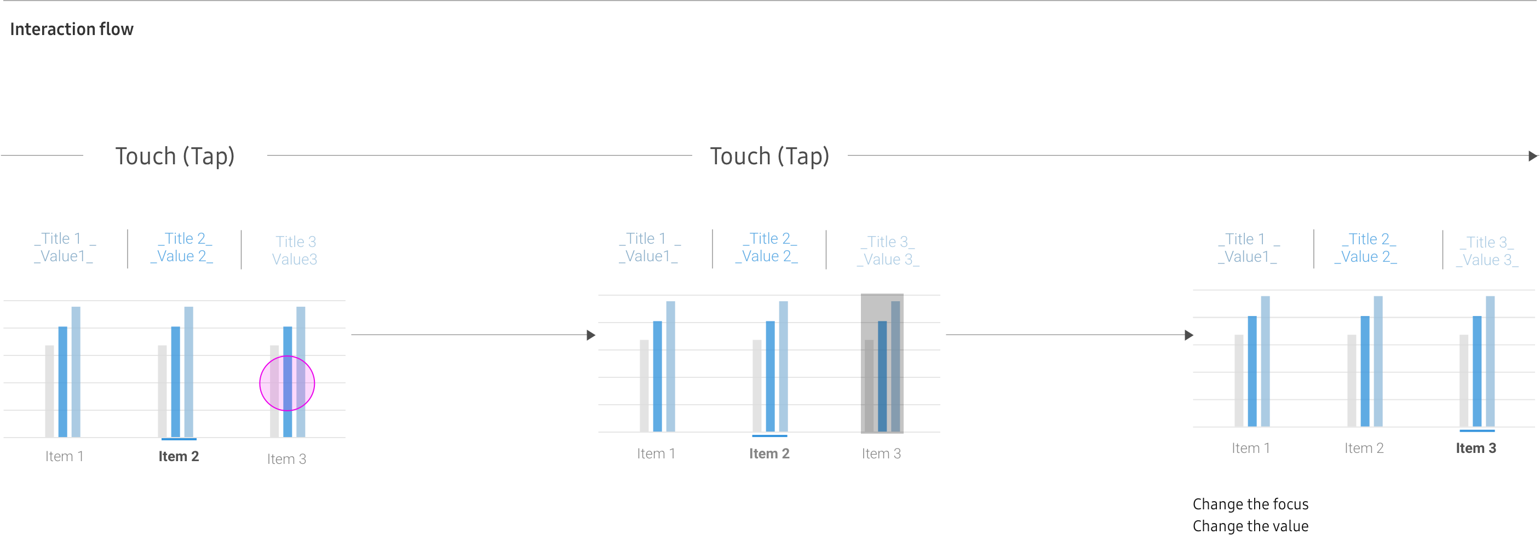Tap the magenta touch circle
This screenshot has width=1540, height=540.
tap(287, 383)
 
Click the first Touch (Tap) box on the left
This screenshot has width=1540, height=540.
tap(175, 157)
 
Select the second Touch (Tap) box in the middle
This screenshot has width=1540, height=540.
tap(769, 157)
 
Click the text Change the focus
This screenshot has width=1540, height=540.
tap(1250, 504)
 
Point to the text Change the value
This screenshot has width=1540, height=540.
tap(1250, 526)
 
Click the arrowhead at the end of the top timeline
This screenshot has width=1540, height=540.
tap(1533, 156)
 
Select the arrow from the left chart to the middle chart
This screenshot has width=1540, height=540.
tap(472, 335)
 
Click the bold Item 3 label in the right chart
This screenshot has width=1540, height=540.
tap(1475, 448)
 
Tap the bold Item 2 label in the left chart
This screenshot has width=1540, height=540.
tap(178, 456)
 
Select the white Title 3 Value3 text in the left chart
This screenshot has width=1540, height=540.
tap(295, 250)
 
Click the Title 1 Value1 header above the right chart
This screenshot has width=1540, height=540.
tap(1248, 248)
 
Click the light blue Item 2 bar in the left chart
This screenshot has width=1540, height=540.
tap(188, 372)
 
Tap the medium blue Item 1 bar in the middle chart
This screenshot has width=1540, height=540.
tap(658, 376)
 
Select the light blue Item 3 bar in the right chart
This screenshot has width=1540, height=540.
tap(1490, 361)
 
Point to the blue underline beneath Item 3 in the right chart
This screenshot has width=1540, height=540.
tap(1476, 430)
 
